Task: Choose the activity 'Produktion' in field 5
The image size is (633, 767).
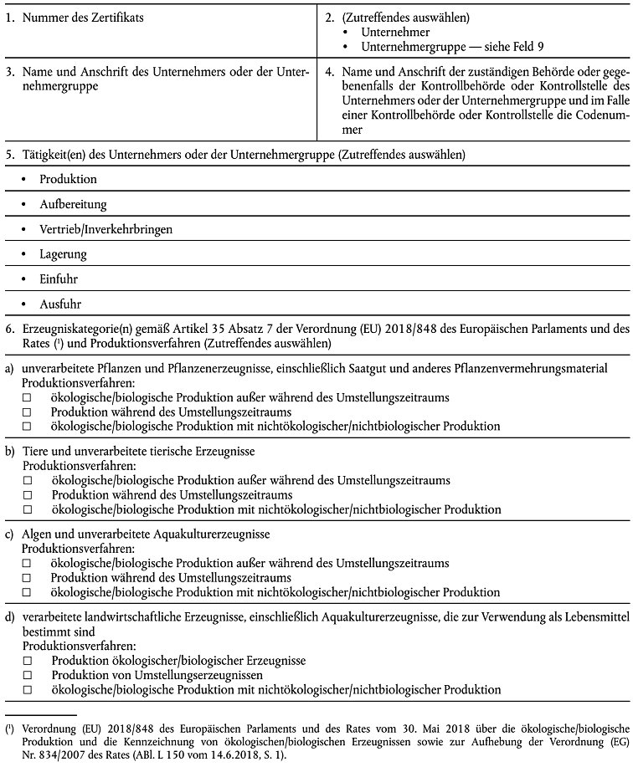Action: [68, 179]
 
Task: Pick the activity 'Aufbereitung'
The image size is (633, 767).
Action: [73, 204]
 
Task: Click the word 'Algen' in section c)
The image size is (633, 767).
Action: [38, 534]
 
